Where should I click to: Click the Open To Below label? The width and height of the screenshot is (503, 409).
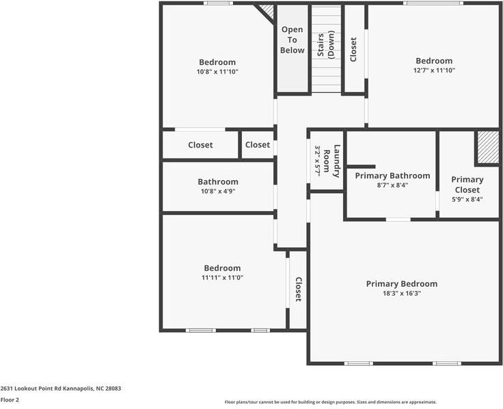[293, 40]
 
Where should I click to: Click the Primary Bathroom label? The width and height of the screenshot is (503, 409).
[392, 175]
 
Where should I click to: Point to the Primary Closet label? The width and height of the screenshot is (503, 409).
[467, 184]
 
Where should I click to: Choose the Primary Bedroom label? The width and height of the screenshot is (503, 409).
[402, 284]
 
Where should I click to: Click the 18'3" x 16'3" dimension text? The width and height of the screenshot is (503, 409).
[402, 294]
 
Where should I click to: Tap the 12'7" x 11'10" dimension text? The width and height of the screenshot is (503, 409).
[434, 70]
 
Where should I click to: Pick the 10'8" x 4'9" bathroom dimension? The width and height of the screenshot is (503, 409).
[218, 191]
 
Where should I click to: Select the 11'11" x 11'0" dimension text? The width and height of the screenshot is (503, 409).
[222, 278]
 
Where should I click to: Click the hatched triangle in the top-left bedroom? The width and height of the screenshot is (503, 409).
[266, 12]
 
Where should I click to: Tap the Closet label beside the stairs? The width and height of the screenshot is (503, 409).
[353, 49]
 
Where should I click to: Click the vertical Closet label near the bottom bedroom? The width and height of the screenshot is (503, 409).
[298, 289]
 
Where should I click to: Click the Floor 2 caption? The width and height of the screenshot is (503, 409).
[10, 400]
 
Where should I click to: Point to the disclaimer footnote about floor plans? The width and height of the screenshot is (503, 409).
[330, 402]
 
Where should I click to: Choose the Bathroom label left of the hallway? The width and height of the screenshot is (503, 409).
[218, 182]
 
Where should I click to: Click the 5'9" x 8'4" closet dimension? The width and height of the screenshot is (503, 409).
[467, 199]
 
